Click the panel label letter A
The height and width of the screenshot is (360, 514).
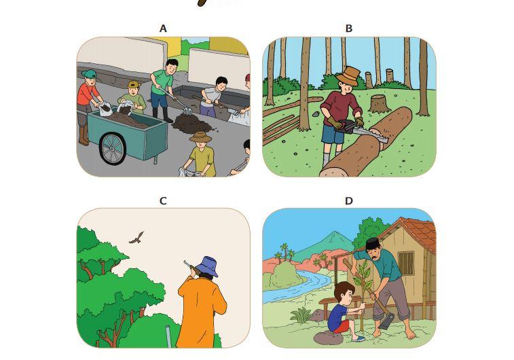coord(163,29)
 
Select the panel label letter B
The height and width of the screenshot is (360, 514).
coord(349,29)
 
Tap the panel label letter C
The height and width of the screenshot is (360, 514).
coord(163,201)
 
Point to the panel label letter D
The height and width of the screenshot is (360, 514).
coord(349,201)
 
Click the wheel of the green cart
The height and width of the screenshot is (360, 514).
coord(113,149)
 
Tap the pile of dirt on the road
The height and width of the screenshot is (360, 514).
coord(191,123)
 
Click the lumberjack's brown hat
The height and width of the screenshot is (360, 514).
coord(348,76)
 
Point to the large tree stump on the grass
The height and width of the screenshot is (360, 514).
coord(379,104)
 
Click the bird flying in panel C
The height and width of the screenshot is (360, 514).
coord(136,238)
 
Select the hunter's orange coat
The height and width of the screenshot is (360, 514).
coord(200,312)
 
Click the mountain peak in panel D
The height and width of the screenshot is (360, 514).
coord(333,234)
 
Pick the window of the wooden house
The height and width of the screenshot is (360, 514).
coord(406,263)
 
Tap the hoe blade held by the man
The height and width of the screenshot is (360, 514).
coord(386,321)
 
